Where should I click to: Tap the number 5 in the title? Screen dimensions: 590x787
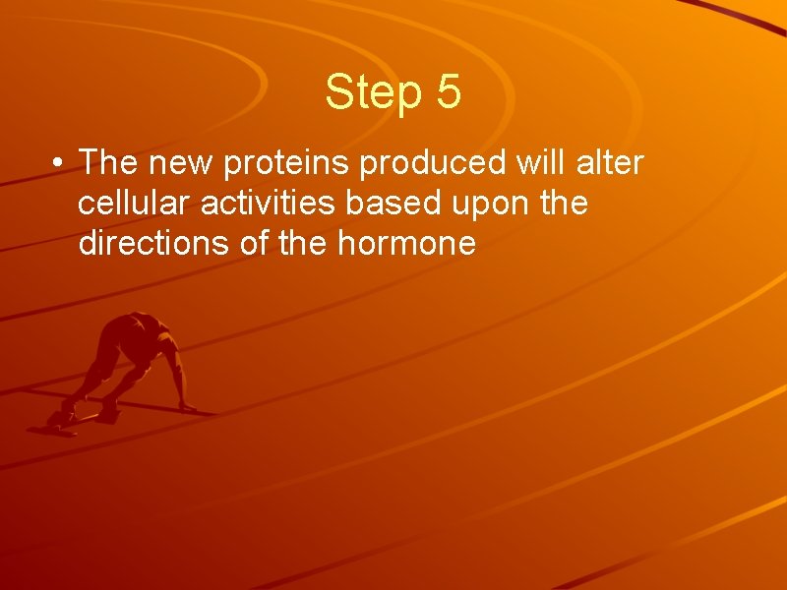(x=447, y=91)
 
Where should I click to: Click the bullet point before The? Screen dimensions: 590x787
(x=60, y=164)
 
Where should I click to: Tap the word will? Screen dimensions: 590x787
(x=538, y=162)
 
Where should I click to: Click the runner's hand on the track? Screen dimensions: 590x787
(x=187, y=406)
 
